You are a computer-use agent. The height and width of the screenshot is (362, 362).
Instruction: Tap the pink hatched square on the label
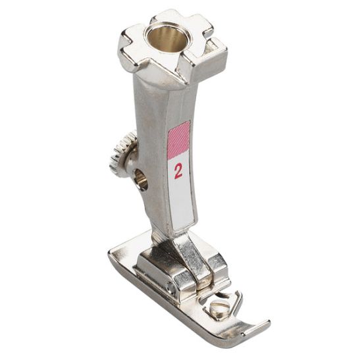coord(178,140)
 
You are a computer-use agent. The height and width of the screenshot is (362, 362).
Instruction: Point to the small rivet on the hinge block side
coord(172,288)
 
